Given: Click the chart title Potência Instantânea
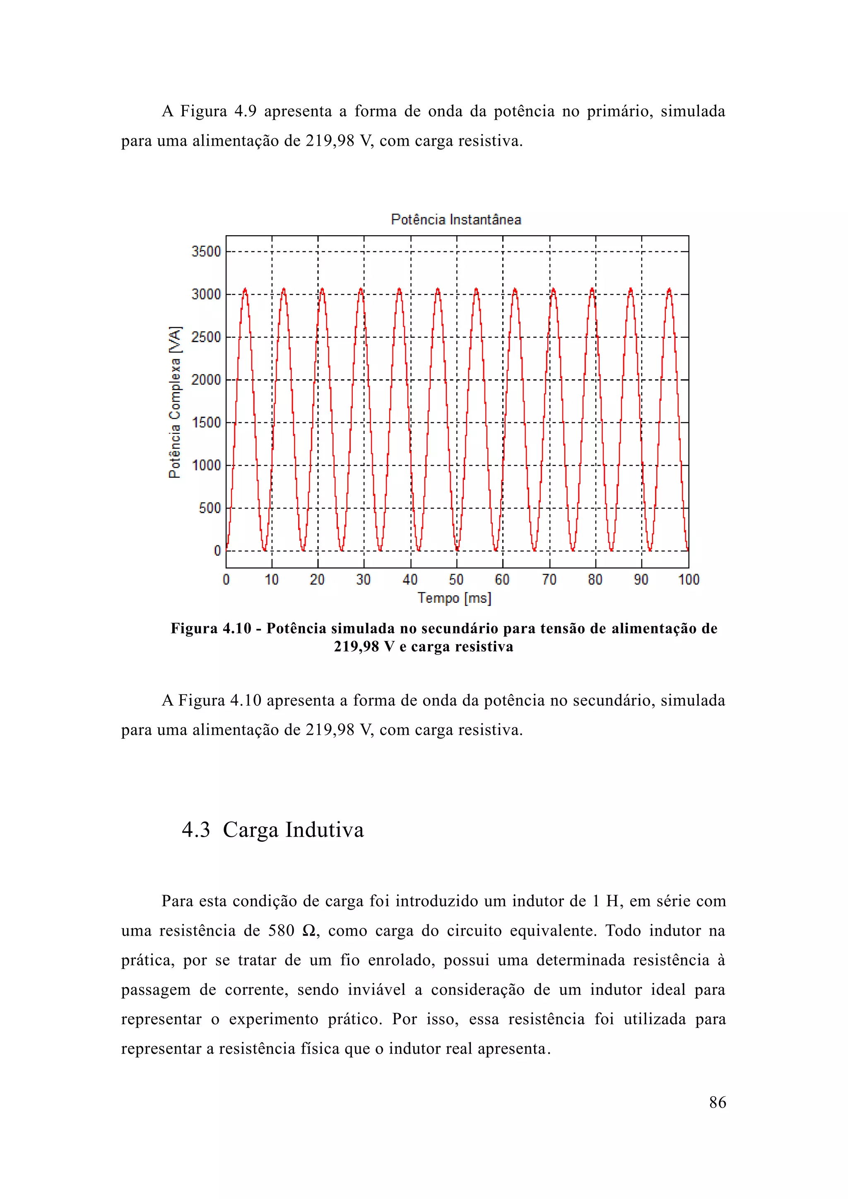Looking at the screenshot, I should tap(456, 219).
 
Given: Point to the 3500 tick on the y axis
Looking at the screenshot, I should tap(206, 252).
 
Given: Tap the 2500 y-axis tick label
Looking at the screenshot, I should tap(206, 337).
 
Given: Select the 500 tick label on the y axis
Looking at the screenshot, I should tap(210, 508).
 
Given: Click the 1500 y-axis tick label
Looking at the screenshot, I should tap(206, 422).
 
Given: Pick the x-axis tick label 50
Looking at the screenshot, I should tap(456, 580).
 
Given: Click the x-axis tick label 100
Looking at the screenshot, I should tap(688, 580).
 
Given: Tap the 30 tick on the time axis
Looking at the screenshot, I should tap(364, 580).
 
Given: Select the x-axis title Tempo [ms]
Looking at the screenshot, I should tap(454, 598).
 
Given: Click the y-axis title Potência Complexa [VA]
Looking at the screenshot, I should tap(175, 402).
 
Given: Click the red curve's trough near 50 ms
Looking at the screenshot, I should tap(457, 549).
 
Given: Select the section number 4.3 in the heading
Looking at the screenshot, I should tap(196, 830).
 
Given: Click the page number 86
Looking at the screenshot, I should tap(718, 1103).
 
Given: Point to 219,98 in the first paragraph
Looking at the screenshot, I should tap(330, 141).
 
